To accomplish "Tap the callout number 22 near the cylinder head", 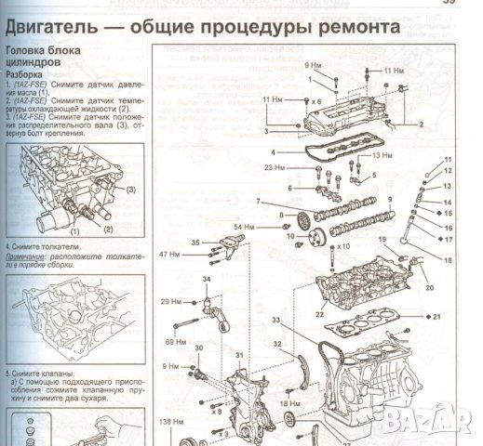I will pyautogui.click(x=318, y=316).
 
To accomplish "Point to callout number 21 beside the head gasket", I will pyautogui.click(x=436, y=318).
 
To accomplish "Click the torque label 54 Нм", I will pyautogui.click(x=244, y=227).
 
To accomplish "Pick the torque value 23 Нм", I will pyautogui.click(x=275, y=167).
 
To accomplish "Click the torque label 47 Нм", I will pyautogui.click(x=169, y=254).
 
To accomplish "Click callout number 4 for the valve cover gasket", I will pyautogui.click(x=273, y=151).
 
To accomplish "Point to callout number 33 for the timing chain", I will pyautogui.click(x=276, y=321).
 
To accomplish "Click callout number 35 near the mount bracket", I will pyautogui.click(x=195, y=243).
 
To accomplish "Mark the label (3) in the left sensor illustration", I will pyautogui.click(x=131, y=190).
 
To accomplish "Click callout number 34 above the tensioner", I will pyautogui.click(x=207, y=279).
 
